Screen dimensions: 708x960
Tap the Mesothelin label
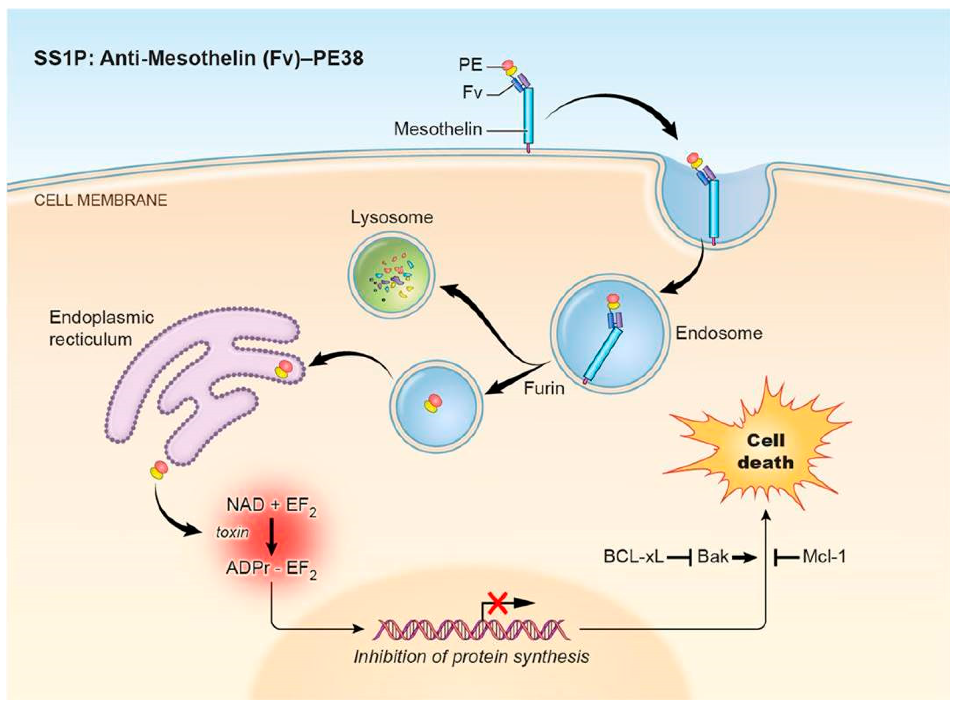(437, 129)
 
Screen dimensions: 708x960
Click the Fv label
(472, 92)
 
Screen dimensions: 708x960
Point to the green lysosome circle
(391, 274)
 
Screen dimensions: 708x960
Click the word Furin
(544, 389)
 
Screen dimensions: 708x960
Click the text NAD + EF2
(271, 506)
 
